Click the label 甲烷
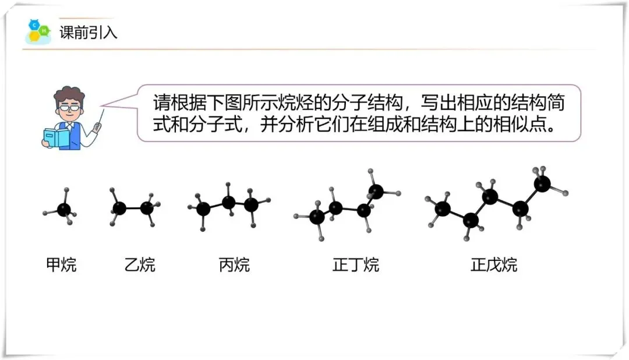point(61,265)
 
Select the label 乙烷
point(140,265)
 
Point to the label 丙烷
point(234,265)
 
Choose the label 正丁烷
point(356,265)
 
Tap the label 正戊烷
point(494,265)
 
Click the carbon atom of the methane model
point(64,209)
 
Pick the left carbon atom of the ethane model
point(119,208)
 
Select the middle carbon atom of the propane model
point(229,202)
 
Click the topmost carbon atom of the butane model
point(377,190)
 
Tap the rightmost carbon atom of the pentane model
point(542,184)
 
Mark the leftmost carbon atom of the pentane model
point(443,209)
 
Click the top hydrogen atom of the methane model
point(66,190)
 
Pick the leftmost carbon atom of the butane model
point(317,217)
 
